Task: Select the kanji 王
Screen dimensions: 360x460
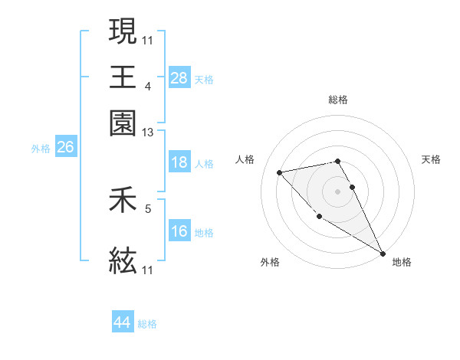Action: click(x=123, y=77)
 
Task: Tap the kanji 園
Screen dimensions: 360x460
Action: click(x=123, y=123)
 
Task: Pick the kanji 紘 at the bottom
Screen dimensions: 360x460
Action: click(x=123, y=261)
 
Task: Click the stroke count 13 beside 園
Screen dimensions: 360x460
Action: click(x=147, y=133)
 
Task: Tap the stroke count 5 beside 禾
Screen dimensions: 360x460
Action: click(x=148, y=208)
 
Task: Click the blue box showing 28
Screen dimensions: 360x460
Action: click(x=179, y=77)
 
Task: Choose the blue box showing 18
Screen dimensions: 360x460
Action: click(x=179, y=162)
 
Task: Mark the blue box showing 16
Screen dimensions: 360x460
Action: click(x=179, y=231)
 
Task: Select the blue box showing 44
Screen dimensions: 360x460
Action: click(x=122, y=322)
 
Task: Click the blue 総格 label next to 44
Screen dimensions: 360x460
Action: click(x=147, y=324)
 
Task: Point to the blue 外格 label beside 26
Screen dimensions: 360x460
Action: click(x=41, y=149)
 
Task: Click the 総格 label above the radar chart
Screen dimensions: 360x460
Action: click(x=338, y=100)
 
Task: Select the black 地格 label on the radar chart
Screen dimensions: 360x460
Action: click(x=402, y=263)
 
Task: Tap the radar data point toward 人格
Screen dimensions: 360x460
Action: click(x=280, y=172)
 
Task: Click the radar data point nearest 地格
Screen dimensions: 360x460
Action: click(x=383, y=254)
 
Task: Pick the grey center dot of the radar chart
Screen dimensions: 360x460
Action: click(x=338, y=191)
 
